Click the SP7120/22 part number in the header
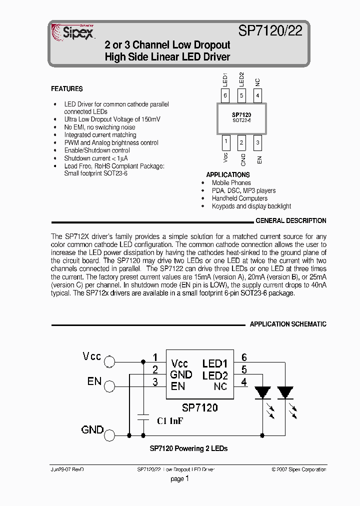tap(270, 31)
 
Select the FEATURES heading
tap(67, 89)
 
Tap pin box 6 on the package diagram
tap(225, 95)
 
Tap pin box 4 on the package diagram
tap(257, 95)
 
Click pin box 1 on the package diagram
tap(225, 142)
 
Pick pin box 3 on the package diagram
tap(257, 142)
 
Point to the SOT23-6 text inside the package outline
tap(241, 120)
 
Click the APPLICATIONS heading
tap(228, 175)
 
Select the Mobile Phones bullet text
tap(231, 183)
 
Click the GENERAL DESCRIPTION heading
tap(290, 220)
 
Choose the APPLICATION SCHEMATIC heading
tap(288, 324)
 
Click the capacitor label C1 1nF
tap(169, 421)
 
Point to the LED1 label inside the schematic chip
tap(215, 364)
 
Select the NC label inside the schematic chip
tap(220, 386)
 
